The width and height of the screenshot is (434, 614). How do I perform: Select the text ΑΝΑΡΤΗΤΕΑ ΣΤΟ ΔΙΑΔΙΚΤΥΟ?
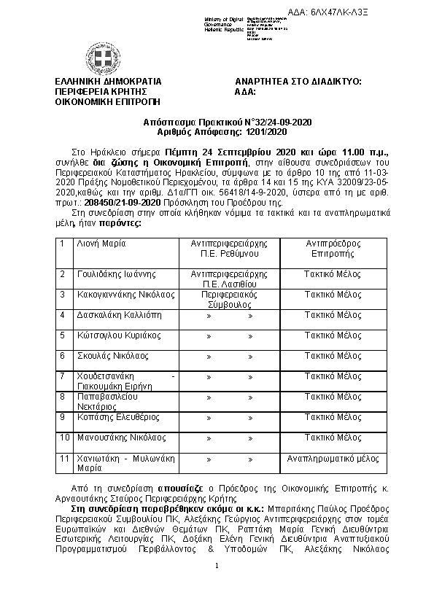tap(298, 82)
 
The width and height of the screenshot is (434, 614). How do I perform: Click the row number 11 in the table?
tap(65, 458)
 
